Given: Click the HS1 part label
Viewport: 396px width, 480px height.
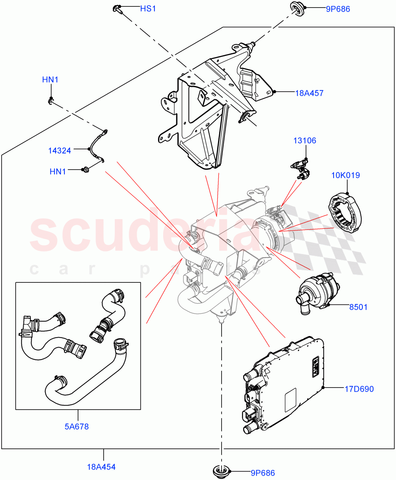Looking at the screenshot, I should pos(148,8).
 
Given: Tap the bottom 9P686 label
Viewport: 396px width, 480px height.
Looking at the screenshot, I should pos(263,473).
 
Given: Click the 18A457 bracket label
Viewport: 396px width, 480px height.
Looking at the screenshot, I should pos(309,93).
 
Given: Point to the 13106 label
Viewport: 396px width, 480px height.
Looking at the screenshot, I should pos(305,140).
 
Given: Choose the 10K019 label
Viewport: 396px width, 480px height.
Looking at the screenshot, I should pos(346,175).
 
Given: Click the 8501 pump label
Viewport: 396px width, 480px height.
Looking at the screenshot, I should pos(358,307).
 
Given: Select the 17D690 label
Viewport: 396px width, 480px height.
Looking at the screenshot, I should pos(360,388).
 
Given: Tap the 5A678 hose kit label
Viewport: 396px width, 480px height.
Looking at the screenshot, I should pos(76,426).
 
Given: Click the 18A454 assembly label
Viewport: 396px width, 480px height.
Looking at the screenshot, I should pos(102,466).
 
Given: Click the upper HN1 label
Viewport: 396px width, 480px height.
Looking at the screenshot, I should pos(50,80).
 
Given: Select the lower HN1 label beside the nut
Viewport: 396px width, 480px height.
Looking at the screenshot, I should pos(58,171).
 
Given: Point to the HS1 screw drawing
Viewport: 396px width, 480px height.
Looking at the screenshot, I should pos(118,9).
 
